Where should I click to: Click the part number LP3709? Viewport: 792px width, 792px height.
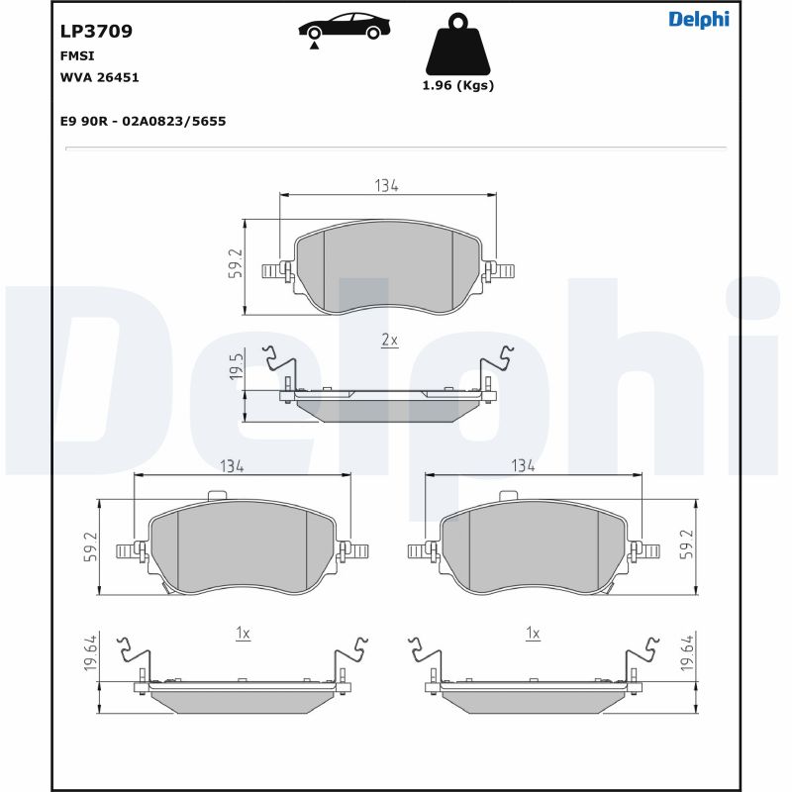coord(97,31)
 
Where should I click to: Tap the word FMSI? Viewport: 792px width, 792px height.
coord(78,57)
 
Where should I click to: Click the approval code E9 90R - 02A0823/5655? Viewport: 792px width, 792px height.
coord(144,121)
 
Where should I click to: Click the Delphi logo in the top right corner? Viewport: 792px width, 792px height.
coord(698,19)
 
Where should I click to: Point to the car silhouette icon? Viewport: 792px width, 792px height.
coord(342,26)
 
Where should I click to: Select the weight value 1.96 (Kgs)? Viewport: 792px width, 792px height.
coord(457,85)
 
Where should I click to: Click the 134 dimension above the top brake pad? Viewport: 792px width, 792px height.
coord(386,186)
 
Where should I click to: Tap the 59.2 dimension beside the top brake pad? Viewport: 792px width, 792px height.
coord(236,264)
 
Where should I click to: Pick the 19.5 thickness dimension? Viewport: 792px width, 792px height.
coord(236,366)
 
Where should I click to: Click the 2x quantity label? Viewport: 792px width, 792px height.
coord(389,340)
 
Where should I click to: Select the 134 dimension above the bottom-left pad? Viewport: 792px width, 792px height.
coord(232,465)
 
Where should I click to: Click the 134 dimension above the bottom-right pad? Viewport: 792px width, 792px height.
coord(523,465)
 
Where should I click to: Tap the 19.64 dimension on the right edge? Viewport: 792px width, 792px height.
coord(687,654)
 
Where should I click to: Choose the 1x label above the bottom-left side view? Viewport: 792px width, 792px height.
coord(243,633)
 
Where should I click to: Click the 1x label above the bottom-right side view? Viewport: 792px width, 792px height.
coord(533,633)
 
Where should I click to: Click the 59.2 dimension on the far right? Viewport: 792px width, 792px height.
coord(687,545)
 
